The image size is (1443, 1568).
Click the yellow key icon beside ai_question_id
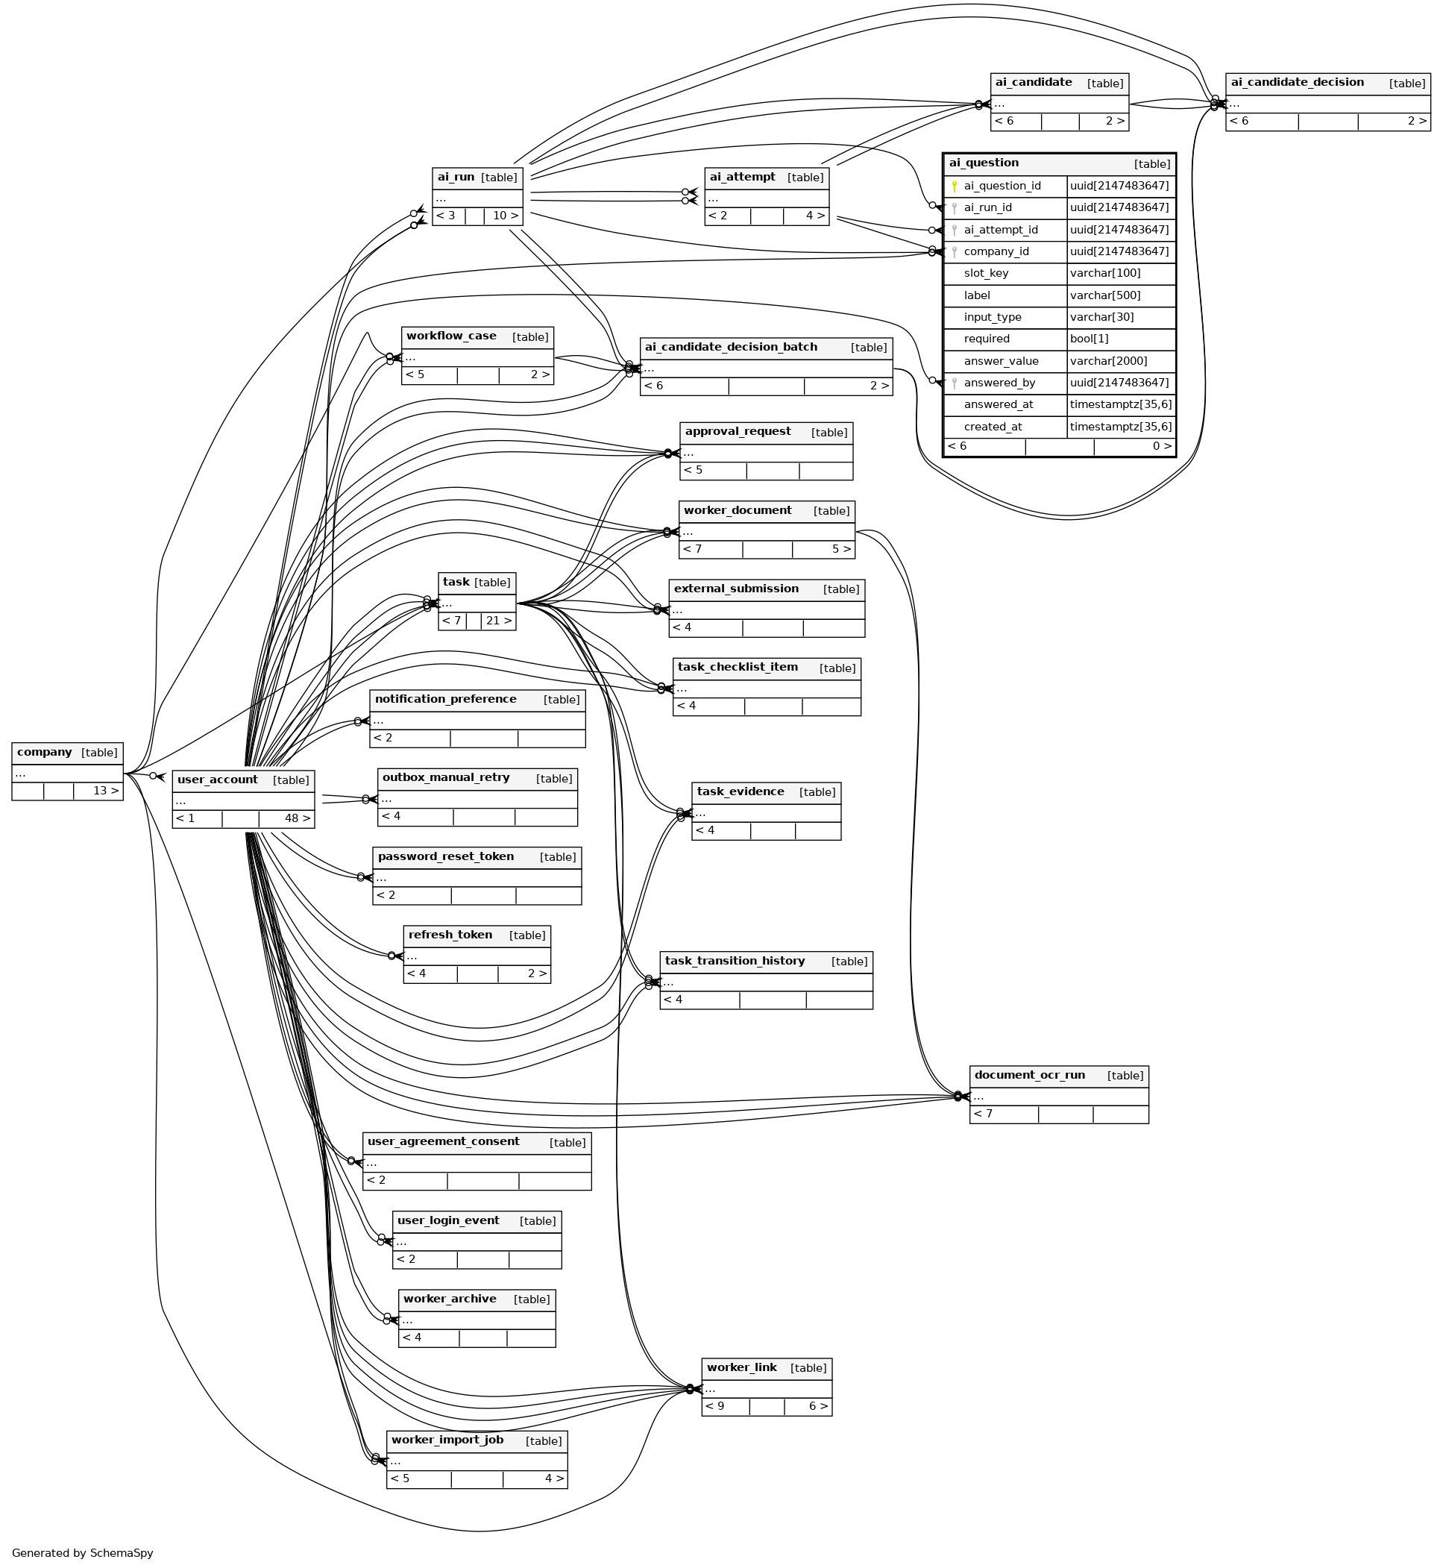click(955, 186)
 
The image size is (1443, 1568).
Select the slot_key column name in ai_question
click(986, 273)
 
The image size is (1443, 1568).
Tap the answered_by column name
click(999, 383)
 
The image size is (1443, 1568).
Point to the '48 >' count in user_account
click(298, 818)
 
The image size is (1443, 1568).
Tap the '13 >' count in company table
click(106, 790)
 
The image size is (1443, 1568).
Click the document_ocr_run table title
click(1030, 1074)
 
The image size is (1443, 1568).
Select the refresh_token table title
click(450, 935)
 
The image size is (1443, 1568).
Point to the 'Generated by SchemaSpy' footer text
click(83, 1553)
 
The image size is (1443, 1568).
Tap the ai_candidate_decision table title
click(1298, 82)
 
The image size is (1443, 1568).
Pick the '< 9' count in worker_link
click(715, 1406)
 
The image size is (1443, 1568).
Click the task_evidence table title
click(741, 791)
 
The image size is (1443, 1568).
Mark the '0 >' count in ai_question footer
click(1163, 446)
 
